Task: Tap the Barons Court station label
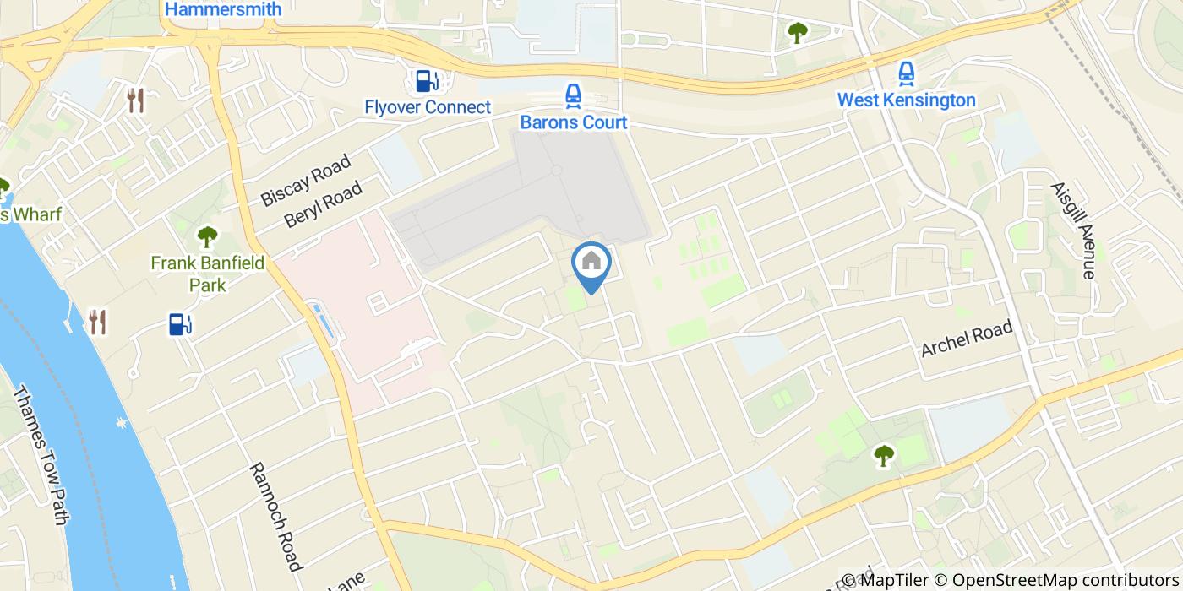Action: [x=574, y=122]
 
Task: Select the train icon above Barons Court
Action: [x=574, y=95]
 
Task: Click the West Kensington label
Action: [x=906, y=100]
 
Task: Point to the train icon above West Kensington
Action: [x=906, y=73]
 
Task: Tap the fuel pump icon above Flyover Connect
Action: [x=427, y=81]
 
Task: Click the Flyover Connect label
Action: [x=428, y=107]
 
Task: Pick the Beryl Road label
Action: [x=323, y=203]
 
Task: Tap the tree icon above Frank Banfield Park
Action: [x=207, y=236]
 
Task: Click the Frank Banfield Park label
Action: [x=208, y=274]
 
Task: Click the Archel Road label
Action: [x=967, y=339]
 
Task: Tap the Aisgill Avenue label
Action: [x=1072, y=230]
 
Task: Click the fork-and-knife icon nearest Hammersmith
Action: [x=135, y=100]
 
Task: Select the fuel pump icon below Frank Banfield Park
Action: [x=180, y=323]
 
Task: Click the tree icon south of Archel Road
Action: [x=884, y=456]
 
